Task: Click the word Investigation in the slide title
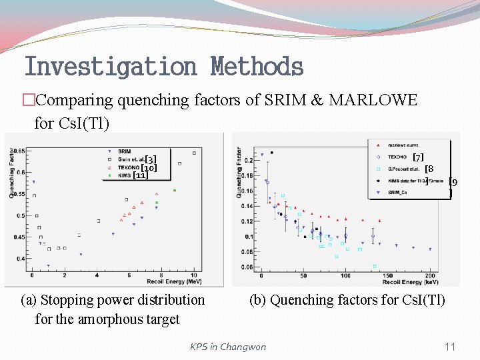coord(110,67)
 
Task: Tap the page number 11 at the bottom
coord(450,346)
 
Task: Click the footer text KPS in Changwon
coord(227,347)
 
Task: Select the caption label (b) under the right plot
coord(257,300)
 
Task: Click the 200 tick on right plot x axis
coord(430,275)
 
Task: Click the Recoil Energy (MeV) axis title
coord(175,281)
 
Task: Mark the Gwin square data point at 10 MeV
coord(194,153)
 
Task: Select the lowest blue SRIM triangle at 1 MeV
coord(48,266)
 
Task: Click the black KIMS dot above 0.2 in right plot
coord(271,153)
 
